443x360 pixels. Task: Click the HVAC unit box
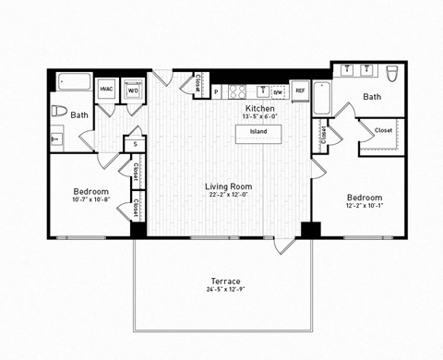[x=106, y=89]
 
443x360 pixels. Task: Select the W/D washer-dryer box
[x=133, y=90]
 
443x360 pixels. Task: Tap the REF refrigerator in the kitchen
[x=300, y=90]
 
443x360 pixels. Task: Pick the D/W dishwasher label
[x=278, y=91]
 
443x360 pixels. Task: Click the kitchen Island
[x=258, y=132]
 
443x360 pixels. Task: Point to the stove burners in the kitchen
[x=237, y=90]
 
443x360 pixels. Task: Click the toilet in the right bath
[x=391, y=73]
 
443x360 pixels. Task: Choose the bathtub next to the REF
[x=322, y=97]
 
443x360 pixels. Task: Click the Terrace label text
[x=225, y=282]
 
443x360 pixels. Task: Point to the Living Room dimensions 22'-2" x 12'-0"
[x=228, y=196]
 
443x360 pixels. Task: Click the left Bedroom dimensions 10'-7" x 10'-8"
[x=91, y=199]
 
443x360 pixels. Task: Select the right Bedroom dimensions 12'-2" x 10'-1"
[x=364, y=207]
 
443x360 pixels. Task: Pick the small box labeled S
[x=135, y=144]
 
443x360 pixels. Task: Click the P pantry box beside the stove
[x=216, y=91]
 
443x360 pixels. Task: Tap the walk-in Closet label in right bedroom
[x=383, y=131]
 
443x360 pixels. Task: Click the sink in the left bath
[x=57, y=139]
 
